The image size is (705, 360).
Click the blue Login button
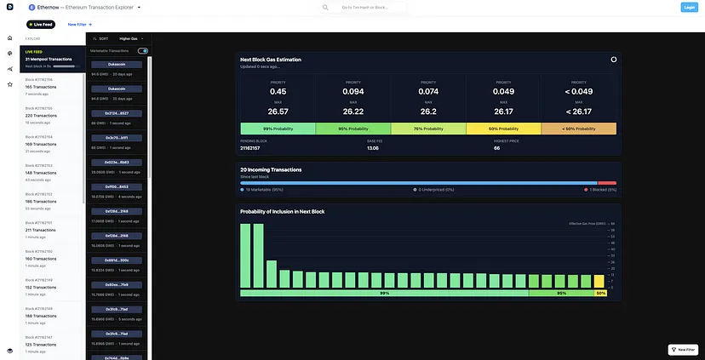pos(689,8)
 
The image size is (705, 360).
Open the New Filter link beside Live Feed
pos(77,25)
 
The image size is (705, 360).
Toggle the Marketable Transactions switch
pos(143,51)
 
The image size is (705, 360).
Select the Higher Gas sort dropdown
pos(131,38)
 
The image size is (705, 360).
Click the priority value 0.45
pos(278,92)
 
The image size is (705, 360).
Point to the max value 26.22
pos(353,111)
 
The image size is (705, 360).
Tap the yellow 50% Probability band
pos(503,129)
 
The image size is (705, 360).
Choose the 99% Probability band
pos(278,129)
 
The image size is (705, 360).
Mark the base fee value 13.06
pos(373,148)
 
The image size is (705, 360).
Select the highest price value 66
pos(496,148)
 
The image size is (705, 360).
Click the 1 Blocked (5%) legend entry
pos(601,190)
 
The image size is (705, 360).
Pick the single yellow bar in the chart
pos(599,282)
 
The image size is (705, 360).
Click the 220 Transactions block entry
pos(41,115)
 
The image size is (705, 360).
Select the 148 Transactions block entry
pos(41,173)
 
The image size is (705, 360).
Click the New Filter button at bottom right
pos(684,350)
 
